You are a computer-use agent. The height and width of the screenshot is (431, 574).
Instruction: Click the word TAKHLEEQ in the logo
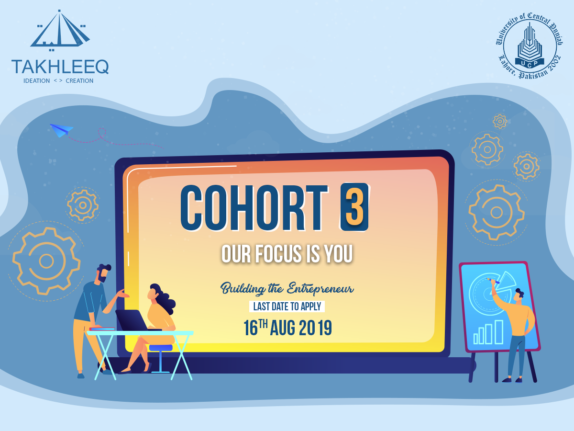[60, 67]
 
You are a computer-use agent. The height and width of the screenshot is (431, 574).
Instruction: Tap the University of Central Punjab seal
[530, 45]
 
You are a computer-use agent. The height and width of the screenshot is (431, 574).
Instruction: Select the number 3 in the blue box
[354, 207]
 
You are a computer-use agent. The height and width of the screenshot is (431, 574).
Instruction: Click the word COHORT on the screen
[254, 208]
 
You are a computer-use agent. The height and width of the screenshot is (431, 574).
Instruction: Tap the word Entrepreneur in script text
[320, 289]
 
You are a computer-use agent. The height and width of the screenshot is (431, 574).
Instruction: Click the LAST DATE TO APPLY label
[287, 306]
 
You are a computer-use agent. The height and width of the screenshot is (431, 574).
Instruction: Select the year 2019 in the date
[315, 328]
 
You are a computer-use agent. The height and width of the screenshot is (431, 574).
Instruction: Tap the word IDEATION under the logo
[37, 81]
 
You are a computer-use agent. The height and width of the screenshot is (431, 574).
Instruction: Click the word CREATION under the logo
[79, 81]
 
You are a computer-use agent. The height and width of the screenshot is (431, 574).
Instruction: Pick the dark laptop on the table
[133, 320]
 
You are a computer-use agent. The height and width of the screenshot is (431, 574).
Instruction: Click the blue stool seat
[161, 348]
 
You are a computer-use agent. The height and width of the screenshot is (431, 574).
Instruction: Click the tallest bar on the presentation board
[499, 332]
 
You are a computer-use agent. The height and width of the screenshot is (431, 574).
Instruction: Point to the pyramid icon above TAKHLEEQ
[60, 29]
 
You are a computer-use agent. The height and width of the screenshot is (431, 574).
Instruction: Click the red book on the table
[102, 329]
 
